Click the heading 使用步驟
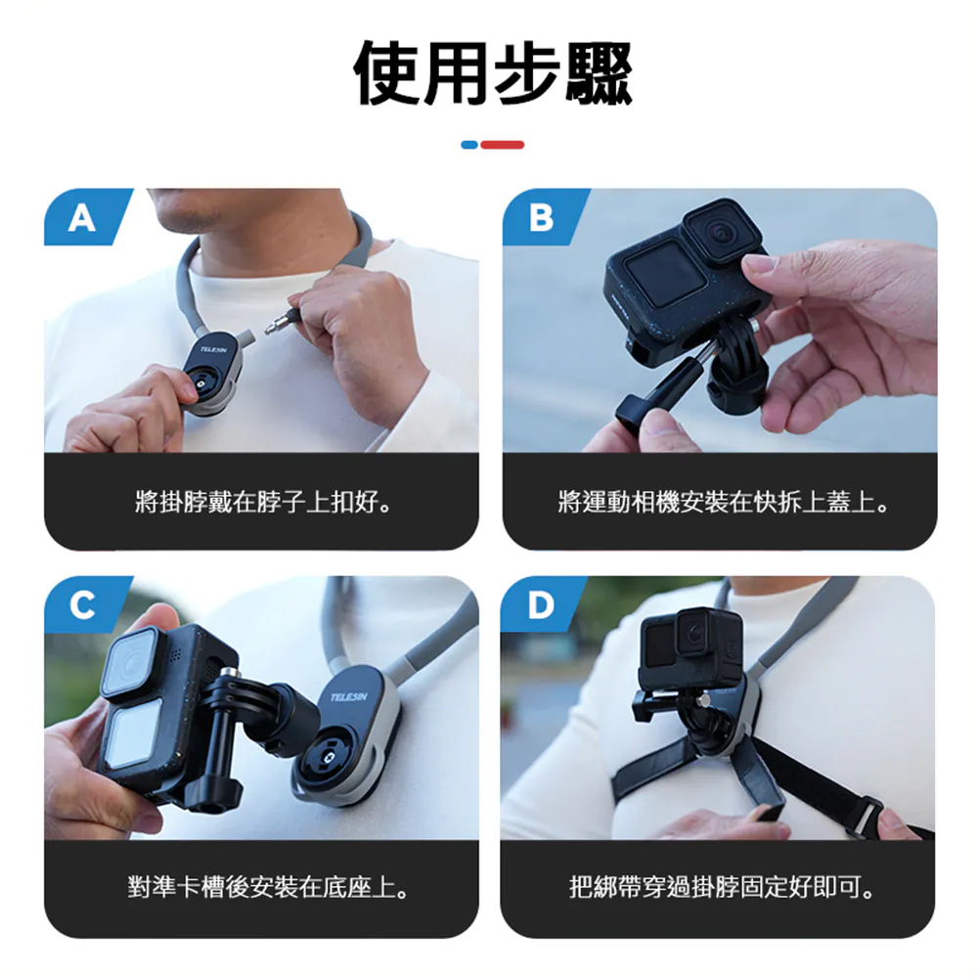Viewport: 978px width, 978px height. (493, 73)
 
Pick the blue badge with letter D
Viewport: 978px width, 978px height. (542, 603)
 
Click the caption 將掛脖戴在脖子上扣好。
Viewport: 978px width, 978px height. (263, 502)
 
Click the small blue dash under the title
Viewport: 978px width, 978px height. (469, 145)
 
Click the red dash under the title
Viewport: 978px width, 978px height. (503, 145)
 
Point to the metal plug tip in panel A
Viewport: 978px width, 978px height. (274, 325)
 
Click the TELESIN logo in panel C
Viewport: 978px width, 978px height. (349, 696)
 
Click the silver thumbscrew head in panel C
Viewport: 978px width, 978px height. (232, 672)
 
